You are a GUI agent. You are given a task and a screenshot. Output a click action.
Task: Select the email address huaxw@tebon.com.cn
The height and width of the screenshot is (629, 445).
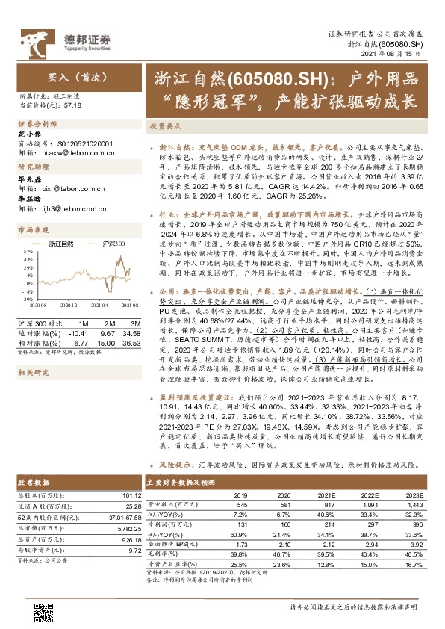(x=75, y=152)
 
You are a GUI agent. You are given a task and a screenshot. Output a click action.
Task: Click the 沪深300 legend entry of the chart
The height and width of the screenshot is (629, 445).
(x=108, y=244)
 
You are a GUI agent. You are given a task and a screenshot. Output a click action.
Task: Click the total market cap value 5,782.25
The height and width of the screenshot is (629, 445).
(x=126, y=527)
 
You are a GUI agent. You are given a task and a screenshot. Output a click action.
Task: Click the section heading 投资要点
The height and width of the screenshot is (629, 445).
(x=165, y=127)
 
